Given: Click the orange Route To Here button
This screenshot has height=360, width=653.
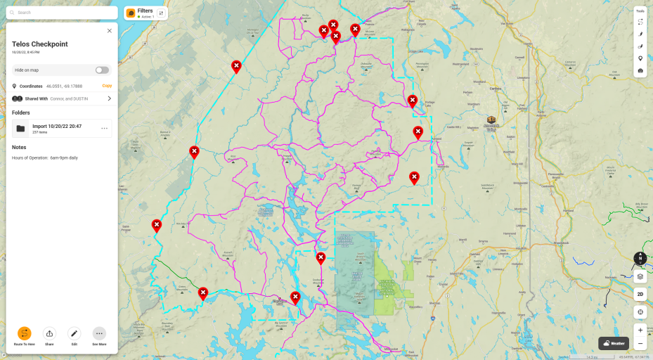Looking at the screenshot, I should pos(24,333).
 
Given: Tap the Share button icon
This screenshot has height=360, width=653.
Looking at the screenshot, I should pos(49,333).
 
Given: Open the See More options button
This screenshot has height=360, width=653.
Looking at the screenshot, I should pos(99,333).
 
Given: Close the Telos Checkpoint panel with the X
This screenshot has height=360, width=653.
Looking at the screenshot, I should pos(109,31).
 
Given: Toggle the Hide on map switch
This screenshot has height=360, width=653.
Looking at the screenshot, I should pos(102,70).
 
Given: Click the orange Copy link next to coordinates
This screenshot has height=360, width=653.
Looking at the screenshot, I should pos(107,86).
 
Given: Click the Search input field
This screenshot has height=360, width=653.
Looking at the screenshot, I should pos(63,13).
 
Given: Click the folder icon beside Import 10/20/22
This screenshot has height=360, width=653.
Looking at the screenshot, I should pos(20,129).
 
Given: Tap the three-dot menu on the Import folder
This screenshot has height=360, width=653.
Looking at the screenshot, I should pos(104,128).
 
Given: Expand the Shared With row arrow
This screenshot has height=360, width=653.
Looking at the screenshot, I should pos(109,98).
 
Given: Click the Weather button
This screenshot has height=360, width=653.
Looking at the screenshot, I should pos(614,343).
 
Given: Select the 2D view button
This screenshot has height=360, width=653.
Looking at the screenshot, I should pos(640,294).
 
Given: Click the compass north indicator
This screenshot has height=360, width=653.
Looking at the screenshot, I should pos(640,258).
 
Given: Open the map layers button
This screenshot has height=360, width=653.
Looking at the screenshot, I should pos(640,276).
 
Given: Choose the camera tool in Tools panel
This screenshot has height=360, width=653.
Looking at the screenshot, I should pos(640,70).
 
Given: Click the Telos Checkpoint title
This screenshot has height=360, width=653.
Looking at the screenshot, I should pos(40,44).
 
